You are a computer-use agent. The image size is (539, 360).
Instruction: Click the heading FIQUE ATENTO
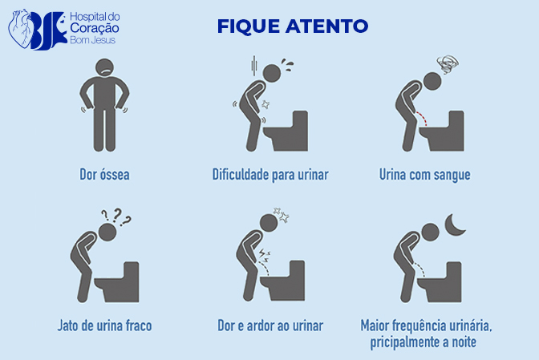tap(293, 26)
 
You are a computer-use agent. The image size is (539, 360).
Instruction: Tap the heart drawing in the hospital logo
tap(21, 28)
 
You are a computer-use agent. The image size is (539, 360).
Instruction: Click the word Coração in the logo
tap(95, 29)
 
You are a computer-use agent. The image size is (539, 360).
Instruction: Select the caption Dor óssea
tap(104, 175)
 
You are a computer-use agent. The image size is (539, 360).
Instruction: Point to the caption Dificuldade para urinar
tap(270, 175)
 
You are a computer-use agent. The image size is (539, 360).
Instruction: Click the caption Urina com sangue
tap(424, 175)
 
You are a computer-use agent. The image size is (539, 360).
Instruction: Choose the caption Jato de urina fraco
tap(104, 326)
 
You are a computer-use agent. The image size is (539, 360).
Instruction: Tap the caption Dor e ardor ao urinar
tap(270, 326)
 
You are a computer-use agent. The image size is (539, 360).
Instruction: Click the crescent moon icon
tap(452, 225)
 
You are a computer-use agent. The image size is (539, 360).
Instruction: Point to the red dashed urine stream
tap(422, 119)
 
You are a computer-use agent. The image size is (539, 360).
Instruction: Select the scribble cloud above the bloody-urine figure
tap(448, 64)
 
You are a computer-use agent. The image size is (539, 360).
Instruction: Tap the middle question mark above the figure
tap(117, 215)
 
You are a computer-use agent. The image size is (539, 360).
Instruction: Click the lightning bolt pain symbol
tap(263, 254)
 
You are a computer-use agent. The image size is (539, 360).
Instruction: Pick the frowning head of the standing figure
tap(104, 67)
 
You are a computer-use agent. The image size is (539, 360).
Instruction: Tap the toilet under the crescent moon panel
tap(440, 281)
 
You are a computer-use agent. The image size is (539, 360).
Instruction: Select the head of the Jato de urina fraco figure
tap(107, 233)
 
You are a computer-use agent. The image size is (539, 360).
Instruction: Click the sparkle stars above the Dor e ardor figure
tap(282, 215)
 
